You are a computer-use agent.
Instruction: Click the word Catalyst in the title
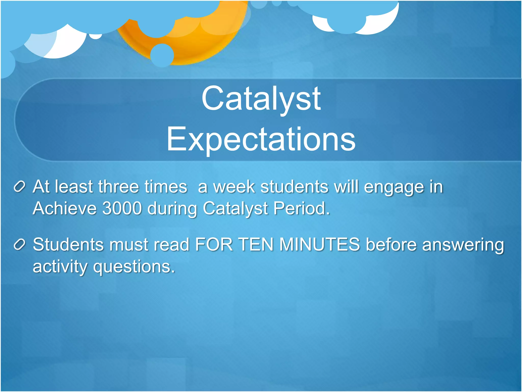tap(261, 99)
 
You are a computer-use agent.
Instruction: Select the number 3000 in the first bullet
tap(122, 208)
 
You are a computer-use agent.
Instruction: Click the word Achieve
tap(65, 208)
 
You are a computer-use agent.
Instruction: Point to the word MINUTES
tap(320, 244)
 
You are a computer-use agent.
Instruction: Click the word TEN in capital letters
tap(256, 244)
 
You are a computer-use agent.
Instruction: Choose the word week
tap(234, 187)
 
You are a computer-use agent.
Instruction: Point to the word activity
tap(60, 267)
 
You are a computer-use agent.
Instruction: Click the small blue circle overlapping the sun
tap(162, 55)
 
